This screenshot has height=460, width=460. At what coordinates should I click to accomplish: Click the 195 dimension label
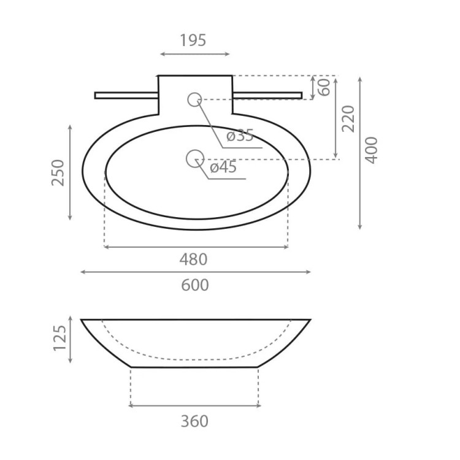click(x=193, y=40)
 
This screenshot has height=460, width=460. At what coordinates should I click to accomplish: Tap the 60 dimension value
click(x=324, y=87)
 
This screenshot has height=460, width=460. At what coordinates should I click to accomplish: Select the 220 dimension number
click(x=348, y=119)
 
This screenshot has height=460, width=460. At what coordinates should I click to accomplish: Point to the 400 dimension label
click(x=371, y=150)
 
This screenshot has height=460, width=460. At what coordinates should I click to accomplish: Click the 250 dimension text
click(x=58, y=172)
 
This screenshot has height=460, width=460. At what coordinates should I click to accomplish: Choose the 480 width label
click(x=193, y=259)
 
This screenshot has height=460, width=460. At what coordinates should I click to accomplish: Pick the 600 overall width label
click(x=195, y=285)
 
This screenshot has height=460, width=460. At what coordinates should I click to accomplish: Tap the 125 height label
click(x=59, y=338)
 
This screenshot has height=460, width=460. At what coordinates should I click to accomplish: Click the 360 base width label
click(x=194, y=421)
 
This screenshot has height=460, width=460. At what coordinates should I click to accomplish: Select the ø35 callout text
click(x=240, y=136)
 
